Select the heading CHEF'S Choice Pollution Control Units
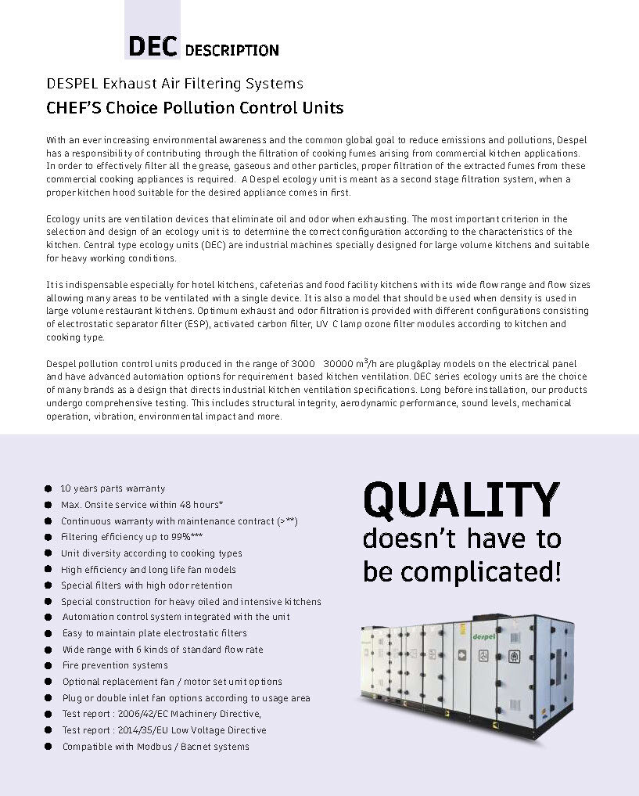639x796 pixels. tap(195, 107)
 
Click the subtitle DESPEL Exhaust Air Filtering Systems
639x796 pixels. tap(174, 83)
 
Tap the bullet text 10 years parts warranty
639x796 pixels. tap(113, 488)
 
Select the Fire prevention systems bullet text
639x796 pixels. tap(115, 665)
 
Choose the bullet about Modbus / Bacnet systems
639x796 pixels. tap(156, 747)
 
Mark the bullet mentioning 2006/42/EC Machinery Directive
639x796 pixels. tap(162, 714)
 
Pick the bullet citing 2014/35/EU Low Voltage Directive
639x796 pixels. tap(164, 730)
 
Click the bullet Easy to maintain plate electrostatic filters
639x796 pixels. tap(155, 633)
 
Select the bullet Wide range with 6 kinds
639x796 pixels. tap(163, 650)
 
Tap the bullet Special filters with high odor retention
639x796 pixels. tap(146, 585)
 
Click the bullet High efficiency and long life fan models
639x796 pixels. tap(148, 570)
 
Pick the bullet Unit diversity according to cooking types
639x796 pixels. tap(152, 553)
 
